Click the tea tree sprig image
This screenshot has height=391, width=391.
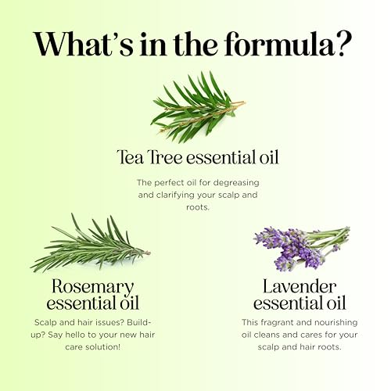[x=198, y=107]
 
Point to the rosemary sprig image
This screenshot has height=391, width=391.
[x=90, y=245]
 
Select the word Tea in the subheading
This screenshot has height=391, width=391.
[x=131, y=157]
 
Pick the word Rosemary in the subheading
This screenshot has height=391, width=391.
[x=93, y=287]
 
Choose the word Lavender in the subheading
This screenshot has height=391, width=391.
[x=300, y=286]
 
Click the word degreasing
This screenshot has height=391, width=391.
[x=236, y=183]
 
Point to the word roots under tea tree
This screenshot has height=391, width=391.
[x=198, y=207]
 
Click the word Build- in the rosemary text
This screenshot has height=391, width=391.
[x=139, y=322]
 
